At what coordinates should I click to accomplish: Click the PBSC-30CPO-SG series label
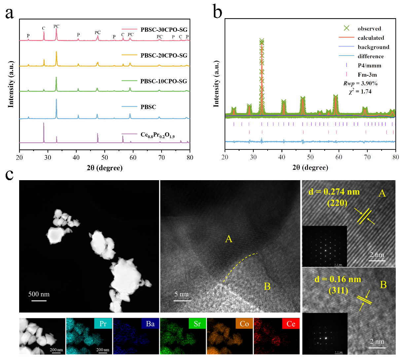[164, 30]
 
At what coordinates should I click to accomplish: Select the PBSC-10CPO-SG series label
[164, 81]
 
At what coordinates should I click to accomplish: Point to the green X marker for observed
[346, 28]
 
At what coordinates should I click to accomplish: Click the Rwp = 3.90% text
[360, 84]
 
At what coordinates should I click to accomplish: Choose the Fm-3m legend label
[367, 75]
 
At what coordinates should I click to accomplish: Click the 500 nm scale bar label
[39, 294]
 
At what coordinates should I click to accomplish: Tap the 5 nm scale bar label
[182, 294]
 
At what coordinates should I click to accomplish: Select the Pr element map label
[103, 324]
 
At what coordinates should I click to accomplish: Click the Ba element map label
[150, 324]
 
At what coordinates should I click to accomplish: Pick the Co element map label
[244, 324]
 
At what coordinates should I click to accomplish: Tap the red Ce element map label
[291, 324]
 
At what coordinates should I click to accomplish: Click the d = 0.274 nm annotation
[334, 192]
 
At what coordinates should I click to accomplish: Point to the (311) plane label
[338, 291]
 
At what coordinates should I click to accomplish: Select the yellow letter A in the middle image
[229, 239]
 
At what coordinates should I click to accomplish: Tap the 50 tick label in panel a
[105, 157]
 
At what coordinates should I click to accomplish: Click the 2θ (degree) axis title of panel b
[310, 168]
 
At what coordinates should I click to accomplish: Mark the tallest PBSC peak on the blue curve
[56, 100]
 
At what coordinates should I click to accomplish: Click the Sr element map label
[197, 324]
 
